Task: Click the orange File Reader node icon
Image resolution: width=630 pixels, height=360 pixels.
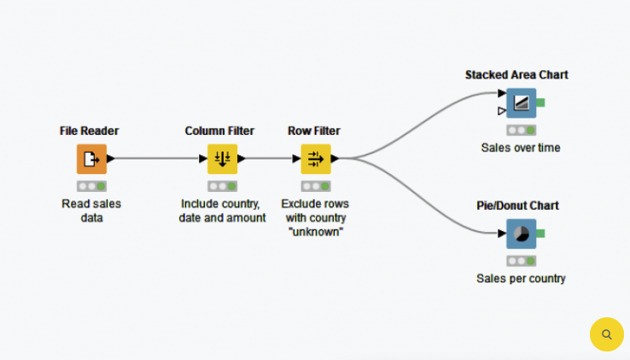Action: coord(91,159)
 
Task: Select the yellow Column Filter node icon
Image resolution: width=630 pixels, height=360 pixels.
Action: coord(222,159)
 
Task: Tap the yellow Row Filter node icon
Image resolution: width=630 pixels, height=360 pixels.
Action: coord(315,159)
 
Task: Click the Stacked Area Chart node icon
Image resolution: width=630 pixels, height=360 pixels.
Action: coord(521,102)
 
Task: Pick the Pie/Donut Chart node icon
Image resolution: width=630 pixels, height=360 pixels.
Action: coord(521,234)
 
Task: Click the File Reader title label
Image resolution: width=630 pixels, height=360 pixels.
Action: coord(90,131)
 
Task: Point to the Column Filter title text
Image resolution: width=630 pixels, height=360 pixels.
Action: coord(219,131)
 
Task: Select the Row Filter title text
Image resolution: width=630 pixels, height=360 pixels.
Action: coord(314,131)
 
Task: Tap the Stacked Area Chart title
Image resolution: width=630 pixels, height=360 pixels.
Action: coord(516,75)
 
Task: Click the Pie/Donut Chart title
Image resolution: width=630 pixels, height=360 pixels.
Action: coord(517,206)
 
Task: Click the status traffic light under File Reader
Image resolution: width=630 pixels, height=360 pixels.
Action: coord(91,185)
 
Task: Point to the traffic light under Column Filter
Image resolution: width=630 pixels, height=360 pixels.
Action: coord(222,185)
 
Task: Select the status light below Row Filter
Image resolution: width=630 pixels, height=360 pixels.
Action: coord(315,185)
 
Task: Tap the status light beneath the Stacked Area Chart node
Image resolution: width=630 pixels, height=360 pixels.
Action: coord(521,130)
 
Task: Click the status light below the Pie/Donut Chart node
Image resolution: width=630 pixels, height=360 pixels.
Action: coord(521,260)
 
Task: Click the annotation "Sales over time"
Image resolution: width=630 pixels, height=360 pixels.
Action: coord(521,148)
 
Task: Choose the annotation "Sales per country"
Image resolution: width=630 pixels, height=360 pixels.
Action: coord(521,278)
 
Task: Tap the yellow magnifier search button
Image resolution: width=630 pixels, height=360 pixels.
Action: coord(606,334)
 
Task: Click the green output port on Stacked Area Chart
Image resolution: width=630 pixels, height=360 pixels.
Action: coord(540,102)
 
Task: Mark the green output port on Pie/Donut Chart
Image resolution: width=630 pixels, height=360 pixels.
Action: coord(540,234)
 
